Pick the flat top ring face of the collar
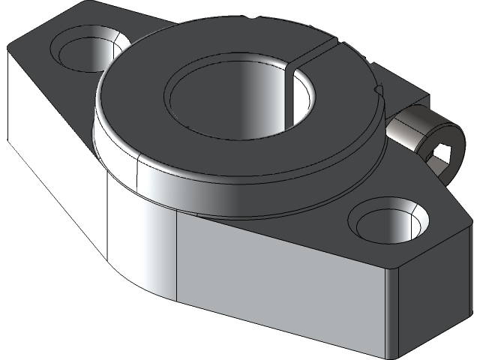(x=142, y=97)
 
